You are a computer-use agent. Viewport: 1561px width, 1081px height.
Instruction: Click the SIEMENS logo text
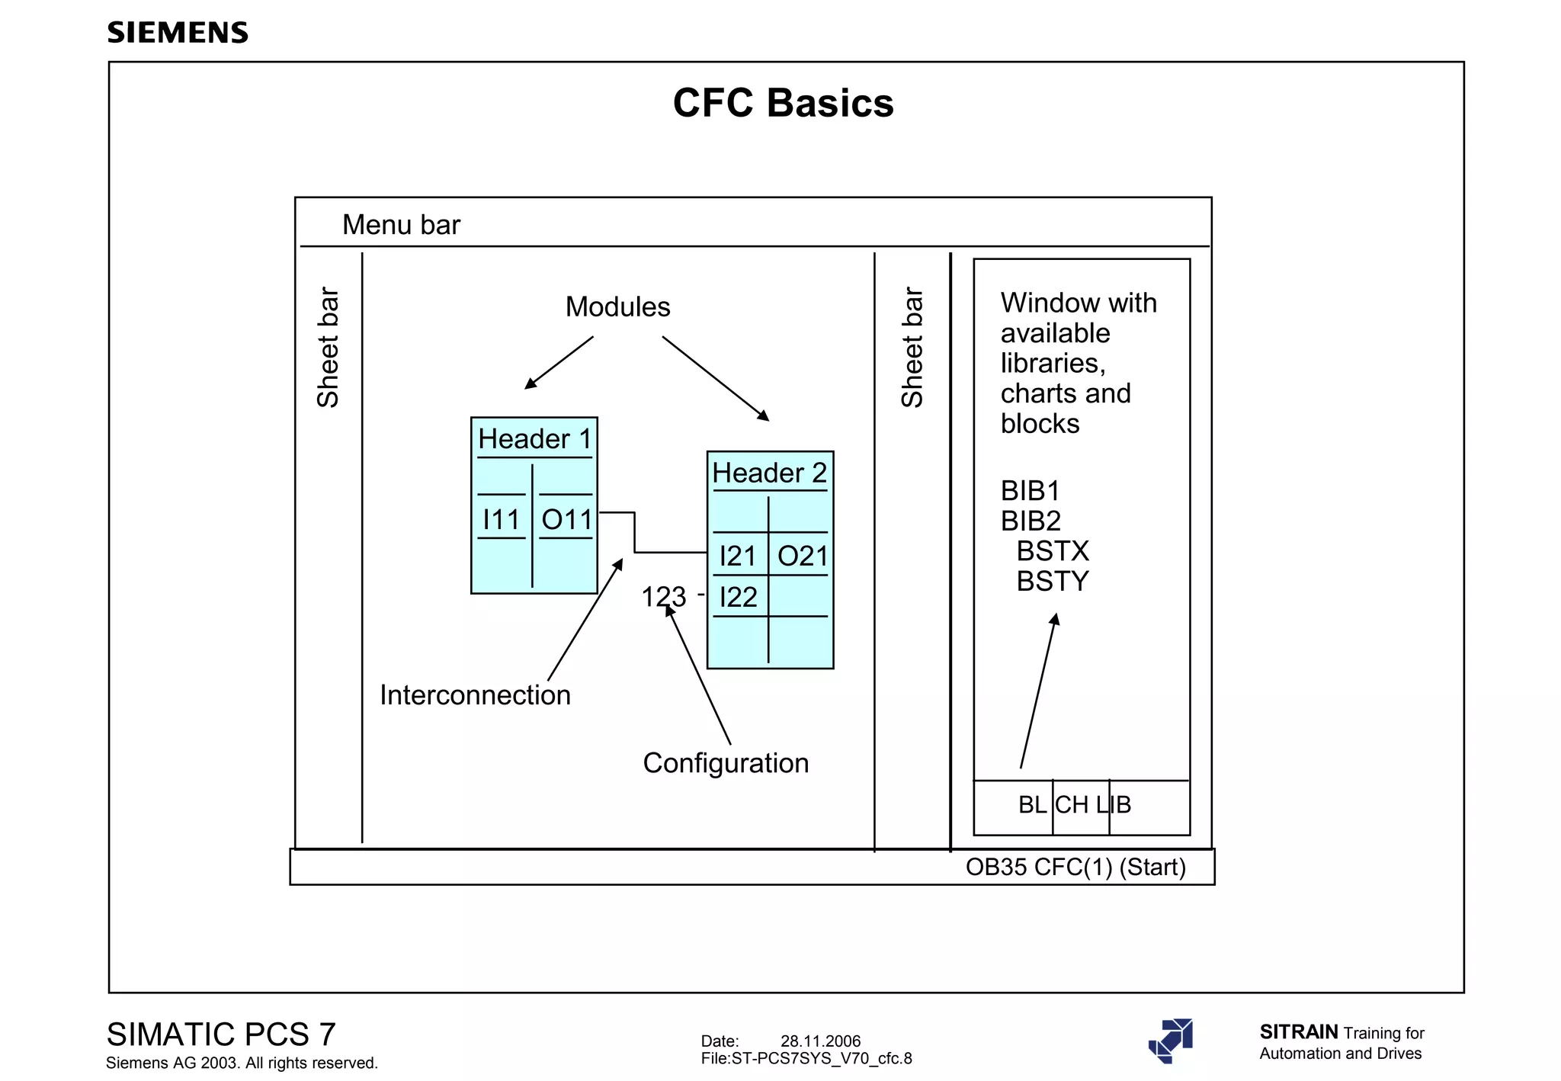point(178,33)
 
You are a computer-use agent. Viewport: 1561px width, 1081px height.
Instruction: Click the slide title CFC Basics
point(783,103)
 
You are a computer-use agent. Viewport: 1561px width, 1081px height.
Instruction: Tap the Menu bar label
point(401,225)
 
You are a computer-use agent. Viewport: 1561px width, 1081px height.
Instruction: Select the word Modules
point(617,306)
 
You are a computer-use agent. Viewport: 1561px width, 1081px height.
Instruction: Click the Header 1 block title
point(534,439)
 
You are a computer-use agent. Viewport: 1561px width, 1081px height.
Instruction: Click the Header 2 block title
point(769,473)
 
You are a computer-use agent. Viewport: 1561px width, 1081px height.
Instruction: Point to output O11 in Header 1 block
point(566,520)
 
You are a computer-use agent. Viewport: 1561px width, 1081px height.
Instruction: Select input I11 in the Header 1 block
point(501,520)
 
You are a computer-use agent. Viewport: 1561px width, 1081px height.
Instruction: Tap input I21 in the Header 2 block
point(737,557)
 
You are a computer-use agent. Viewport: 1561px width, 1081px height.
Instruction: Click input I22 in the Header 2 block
point(738,597)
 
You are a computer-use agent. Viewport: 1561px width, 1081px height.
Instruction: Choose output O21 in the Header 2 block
point(802,557)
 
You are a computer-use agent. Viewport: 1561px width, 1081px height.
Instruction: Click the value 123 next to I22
point(663,597)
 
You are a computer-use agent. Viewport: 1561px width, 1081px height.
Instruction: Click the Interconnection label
point(475,695)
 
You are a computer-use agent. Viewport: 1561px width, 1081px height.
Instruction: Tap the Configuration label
point(726,763)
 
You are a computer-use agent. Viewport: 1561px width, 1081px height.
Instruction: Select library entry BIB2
point(1031,521)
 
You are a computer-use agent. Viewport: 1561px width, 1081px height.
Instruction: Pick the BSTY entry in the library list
point(1053,582)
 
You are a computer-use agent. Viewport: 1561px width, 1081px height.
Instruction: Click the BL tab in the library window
point(1032,805)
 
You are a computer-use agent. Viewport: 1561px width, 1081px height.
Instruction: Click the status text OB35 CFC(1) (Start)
point(1075,868)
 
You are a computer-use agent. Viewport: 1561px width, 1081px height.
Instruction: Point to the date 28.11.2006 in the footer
point(820,1041)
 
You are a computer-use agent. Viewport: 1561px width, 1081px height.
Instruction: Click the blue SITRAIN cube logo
point(1172,1041)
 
